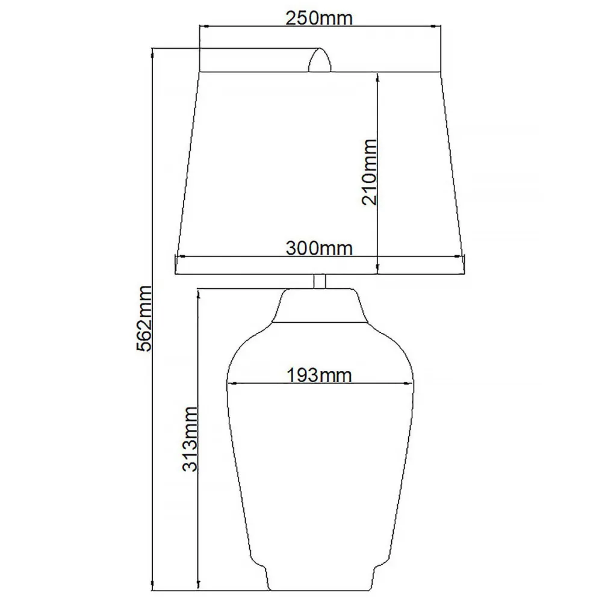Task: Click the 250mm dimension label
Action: [x=318, y=19]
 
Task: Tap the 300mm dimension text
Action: [x=319, y=249]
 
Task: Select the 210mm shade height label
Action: [x=370, y=172]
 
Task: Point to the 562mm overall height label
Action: [x=144, y=318]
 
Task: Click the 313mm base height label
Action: [x=190, y=439]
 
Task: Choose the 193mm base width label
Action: [x=319, y=375]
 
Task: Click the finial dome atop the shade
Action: [x=320, y=60]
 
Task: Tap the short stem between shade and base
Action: [x=320, y=281]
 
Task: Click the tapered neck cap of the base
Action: [x=320, y=306]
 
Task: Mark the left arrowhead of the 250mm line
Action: [x=203, y=26]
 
